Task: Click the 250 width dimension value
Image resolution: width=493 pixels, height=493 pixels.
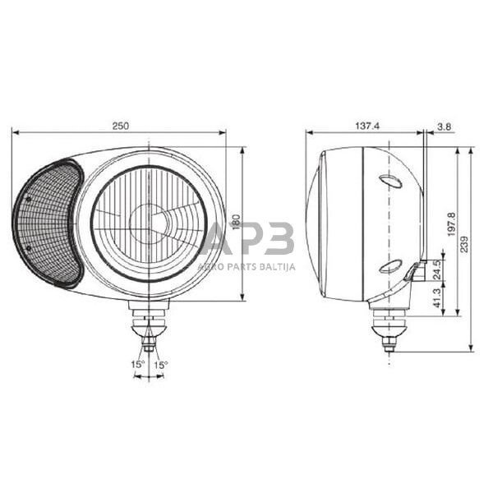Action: click(122, 126)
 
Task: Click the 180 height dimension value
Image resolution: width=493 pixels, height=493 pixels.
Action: click(236, 223)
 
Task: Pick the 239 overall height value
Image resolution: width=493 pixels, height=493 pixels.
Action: click(466, 244)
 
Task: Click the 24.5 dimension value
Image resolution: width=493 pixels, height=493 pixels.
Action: click(435, 270)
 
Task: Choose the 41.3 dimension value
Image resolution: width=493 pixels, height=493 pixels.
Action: click(435, 297)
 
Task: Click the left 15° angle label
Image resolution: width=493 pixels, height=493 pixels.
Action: click(136, 364)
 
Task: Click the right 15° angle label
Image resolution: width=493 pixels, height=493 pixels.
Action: click(160, 364)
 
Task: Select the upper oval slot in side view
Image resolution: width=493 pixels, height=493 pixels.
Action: click(391, 181)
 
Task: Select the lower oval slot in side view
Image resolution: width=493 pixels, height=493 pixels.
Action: click(391, 266)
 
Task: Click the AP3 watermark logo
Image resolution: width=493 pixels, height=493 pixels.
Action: click(246, 238)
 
